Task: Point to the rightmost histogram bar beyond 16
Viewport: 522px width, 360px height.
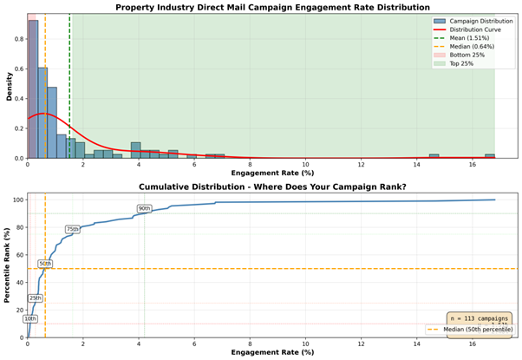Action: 490,156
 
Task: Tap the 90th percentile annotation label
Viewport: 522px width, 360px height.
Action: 144,208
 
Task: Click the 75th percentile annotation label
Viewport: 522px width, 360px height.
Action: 73,229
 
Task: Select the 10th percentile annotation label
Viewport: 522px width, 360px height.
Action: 30,318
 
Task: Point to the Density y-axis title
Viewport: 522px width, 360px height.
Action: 10,86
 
